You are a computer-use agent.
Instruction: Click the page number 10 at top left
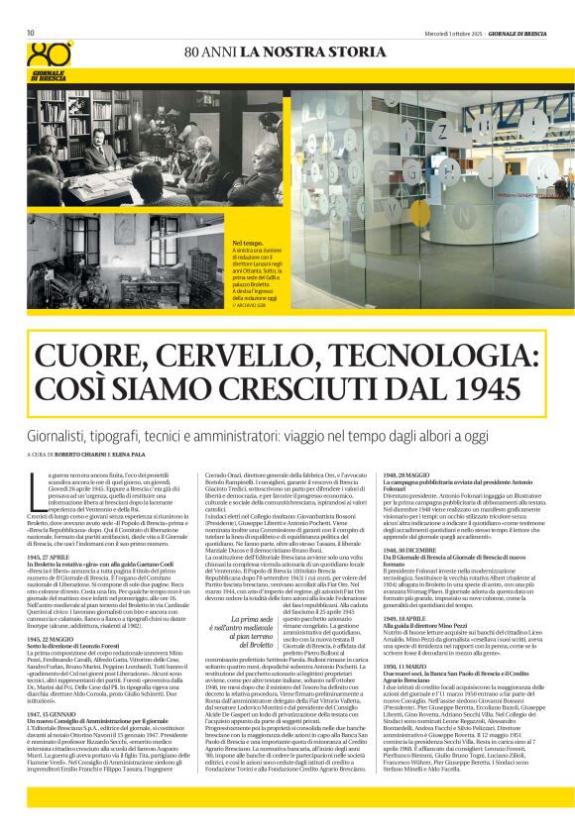point(31,33)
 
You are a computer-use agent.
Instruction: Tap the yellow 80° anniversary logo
point(51,52)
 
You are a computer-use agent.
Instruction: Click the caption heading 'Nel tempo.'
point(248,241)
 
